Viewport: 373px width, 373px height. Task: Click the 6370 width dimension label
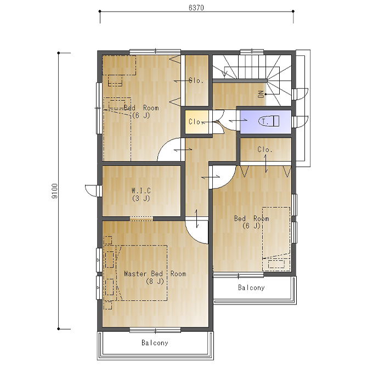point(196,8)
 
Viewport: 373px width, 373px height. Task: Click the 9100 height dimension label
point(54,191)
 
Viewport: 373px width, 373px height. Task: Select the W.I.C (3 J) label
point(142,194)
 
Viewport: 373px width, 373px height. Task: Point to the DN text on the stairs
point(261,94)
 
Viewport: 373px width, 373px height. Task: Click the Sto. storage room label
point(196,81)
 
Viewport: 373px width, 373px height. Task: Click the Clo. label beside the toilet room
point(265,150)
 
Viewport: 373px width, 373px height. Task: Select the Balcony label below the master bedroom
point(155,343)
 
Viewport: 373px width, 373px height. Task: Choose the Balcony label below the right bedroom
point(251,287)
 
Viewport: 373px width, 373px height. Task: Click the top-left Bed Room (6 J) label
point(142,111)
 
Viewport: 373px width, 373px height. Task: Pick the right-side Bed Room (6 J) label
point(252,222)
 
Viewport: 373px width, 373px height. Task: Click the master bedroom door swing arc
point(192,236)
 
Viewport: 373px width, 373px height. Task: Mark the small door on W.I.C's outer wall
point(92,190)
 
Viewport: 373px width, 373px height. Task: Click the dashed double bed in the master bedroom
point(142,273)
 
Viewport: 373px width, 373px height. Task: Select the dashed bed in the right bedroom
point(276,239)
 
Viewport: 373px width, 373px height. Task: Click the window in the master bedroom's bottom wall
point(155,330)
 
